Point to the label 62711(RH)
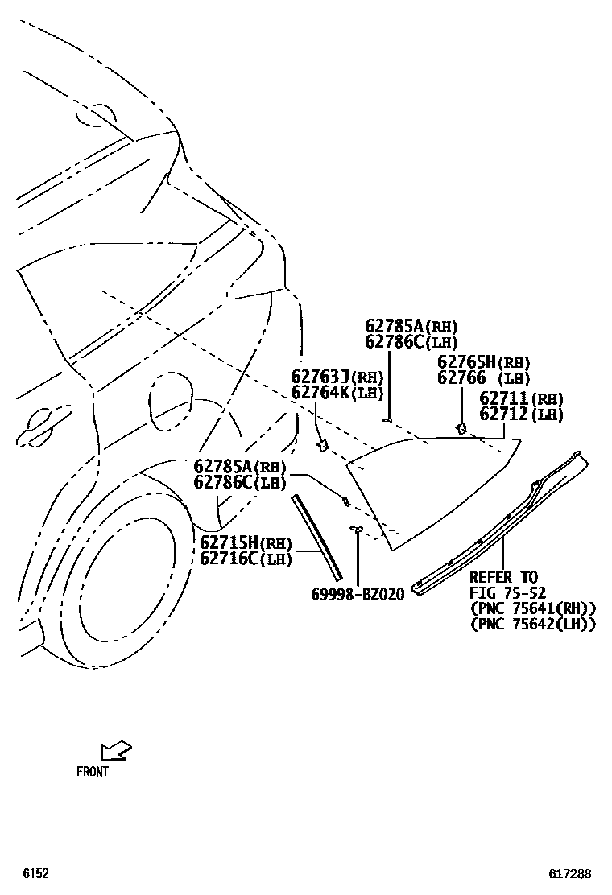[521, 398]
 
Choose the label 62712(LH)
[521, 415]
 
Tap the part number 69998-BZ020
[358, 594]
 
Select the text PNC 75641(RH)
[532, 608]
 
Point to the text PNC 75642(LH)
[532, 624]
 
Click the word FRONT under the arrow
[93, 771]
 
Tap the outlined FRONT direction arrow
[114, 752]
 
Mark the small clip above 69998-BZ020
[355, 528]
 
